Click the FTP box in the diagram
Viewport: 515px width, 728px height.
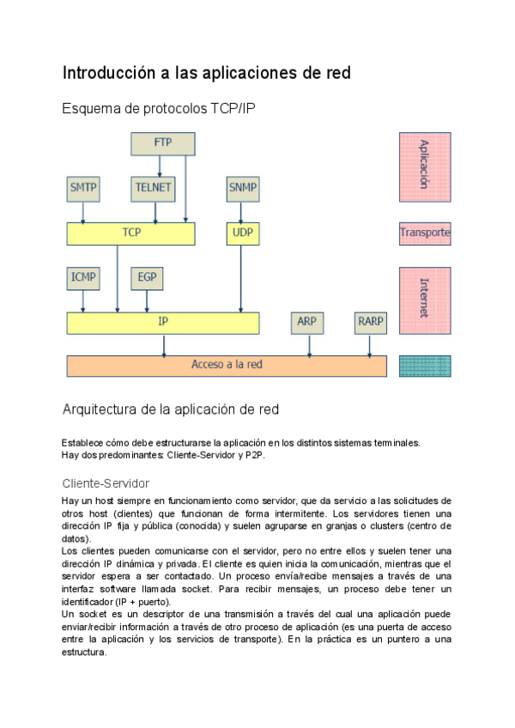click(x=163, y=143)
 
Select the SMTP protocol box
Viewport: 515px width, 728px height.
click(x=82, y=187)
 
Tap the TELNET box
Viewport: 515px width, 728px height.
click(x=154, y=187)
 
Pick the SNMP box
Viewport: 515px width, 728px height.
click(x=243, y=187)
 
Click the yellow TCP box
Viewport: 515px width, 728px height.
click(x=130, y=233)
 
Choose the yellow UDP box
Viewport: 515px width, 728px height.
click(x=243, y=233)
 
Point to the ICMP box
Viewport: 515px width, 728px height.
click(x=82, y=278)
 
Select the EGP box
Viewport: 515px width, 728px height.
click(x=146, y=278)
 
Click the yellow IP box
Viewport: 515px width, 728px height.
click(x=163, y=323)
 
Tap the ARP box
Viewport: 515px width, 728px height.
click(x=306, y=323)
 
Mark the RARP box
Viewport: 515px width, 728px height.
click(x=371, y=323)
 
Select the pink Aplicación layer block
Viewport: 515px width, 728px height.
click(x=425, y=166)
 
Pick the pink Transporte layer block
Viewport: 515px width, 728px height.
click(x=425, y=233)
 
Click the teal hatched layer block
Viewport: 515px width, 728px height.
click(x=425, y=366)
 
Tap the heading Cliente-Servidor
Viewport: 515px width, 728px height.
click(x=106, y=483)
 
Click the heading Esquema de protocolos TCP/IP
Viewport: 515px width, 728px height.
click(x=159, y=108)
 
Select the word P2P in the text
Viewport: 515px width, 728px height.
click(x=255, y=455)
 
